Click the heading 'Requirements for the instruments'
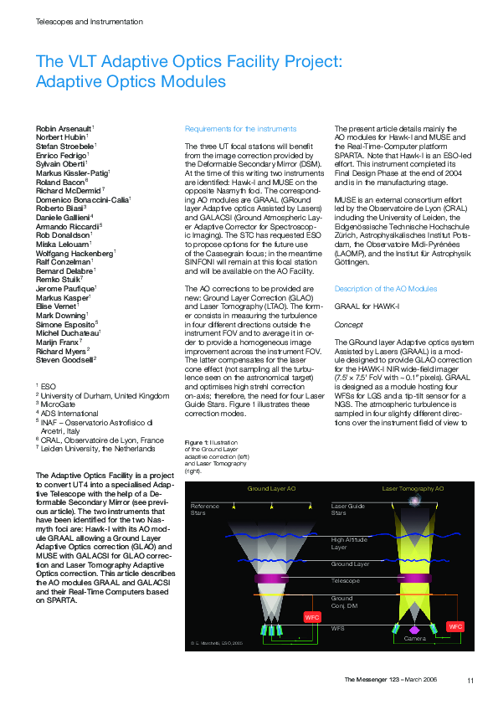click(240, 129)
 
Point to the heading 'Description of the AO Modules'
click(385, 288)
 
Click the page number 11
click(470, 679)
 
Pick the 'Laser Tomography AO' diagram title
click(413, 488)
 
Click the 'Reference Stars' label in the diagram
click(204, 509)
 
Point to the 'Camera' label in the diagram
click(415, 639)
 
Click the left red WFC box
click(311, 617)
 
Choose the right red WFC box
click(455, 626)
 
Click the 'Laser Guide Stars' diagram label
click(348, 509)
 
